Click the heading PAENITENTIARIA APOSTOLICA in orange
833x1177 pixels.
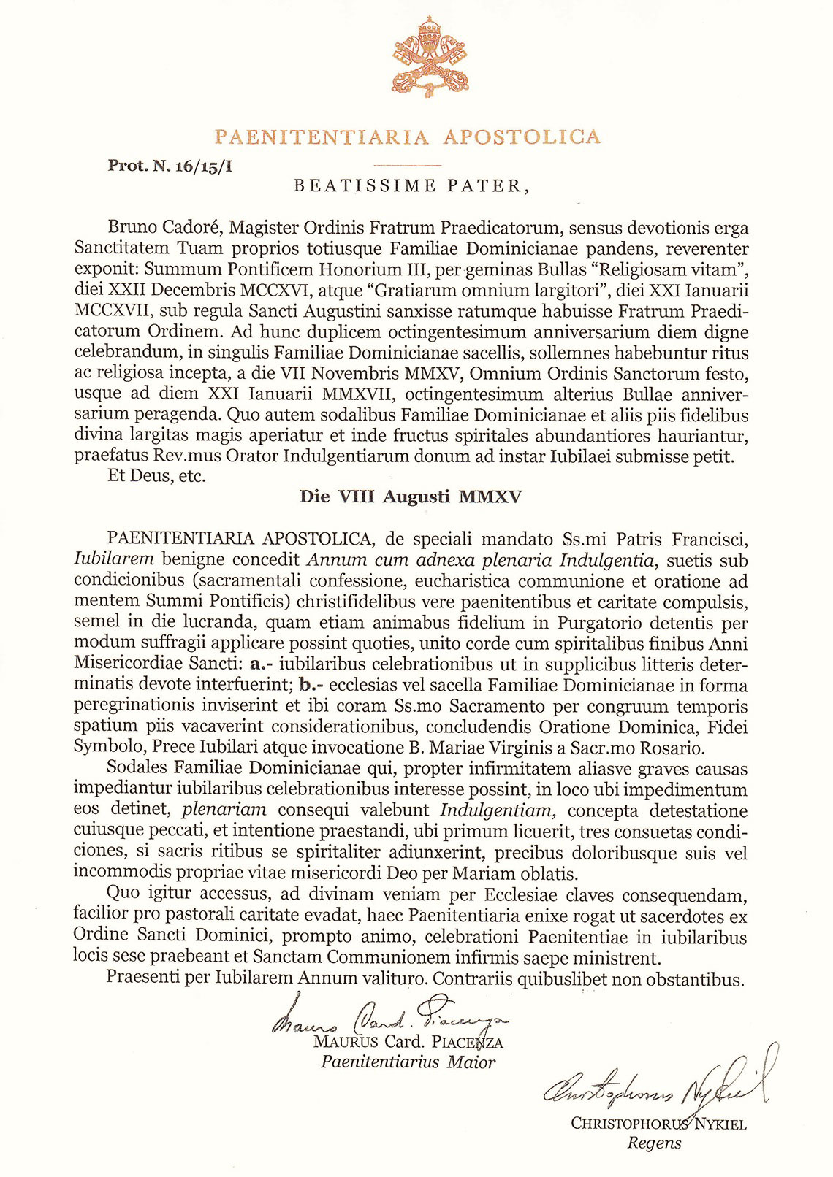tap(408, 137)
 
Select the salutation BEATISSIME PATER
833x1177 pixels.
tap(411, 186)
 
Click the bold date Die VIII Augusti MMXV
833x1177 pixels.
tap(411, 497)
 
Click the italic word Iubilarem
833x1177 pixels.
tap(114, 560)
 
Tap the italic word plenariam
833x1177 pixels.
tap(224, 810)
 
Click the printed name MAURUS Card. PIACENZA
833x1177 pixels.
tap(408, 1042)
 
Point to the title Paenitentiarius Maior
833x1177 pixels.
tap(408, 1062)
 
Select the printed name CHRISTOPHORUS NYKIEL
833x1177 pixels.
tap(658, 1124)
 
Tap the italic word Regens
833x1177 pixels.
tap(654, 1143)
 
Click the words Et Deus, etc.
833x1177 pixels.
tap(156, 478)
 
